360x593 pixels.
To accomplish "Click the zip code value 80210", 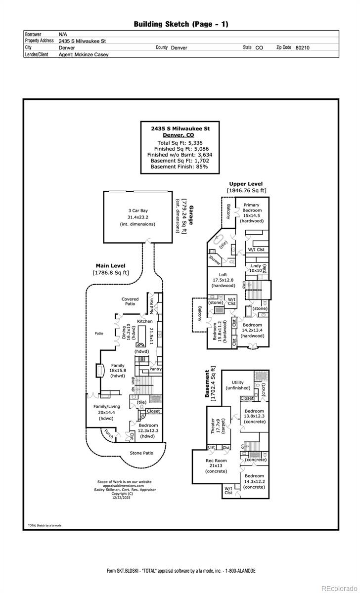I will coord(302,47).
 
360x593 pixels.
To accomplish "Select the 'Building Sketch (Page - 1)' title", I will coord(181,24).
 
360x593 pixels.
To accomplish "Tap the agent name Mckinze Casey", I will coord(84,54).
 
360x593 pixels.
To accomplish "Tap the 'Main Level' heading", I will coord(110,265).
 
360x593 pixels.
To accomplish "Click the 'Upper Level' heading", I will coord(246,184).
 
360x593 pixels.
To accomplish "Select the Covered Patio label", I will coord(130,301).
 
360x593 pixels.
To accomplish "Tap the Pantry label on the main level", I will coord(155,369).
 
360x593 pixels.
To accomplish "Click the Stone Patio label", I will coord(141,453).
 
